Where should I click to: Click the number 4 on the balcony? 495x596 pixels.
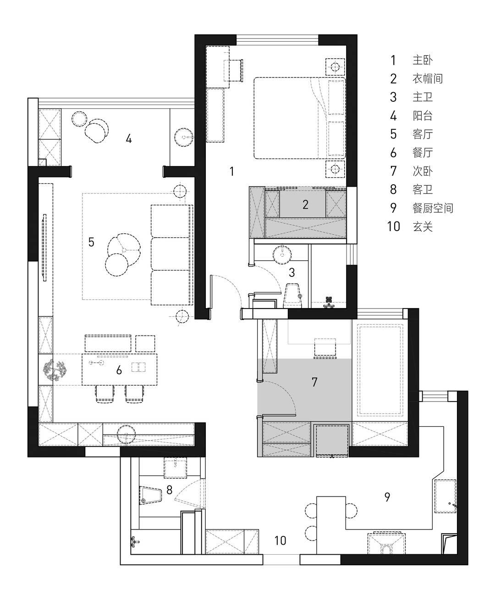129,139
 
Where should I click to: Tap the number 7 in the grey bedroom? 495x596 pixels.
314,382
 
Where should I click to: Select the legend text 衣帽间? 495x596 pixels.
427,78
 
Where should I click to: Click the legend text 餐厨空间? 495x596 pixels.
433,208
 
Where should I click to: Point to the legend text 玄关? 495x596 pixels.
423,226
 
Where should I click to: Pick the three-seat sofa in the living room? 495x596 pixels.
170,255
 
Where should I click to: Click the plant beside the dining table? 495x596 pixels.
55,370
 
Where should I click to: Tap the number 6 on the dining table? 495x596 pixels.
119,370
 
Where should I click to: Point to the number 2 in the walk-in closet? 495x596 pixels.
305,204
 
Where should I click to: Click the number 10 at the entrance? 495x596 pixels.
280,541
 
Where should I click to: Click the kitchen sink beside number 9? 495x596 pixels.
445,496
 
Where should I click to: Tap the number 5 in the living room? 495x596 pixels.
91,242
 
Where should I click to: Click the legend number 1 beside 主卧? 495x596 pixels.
393,60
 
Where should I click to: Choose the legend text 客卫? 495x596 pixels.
423,189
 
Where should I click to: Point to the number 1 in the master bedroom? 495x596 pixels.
232,171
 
